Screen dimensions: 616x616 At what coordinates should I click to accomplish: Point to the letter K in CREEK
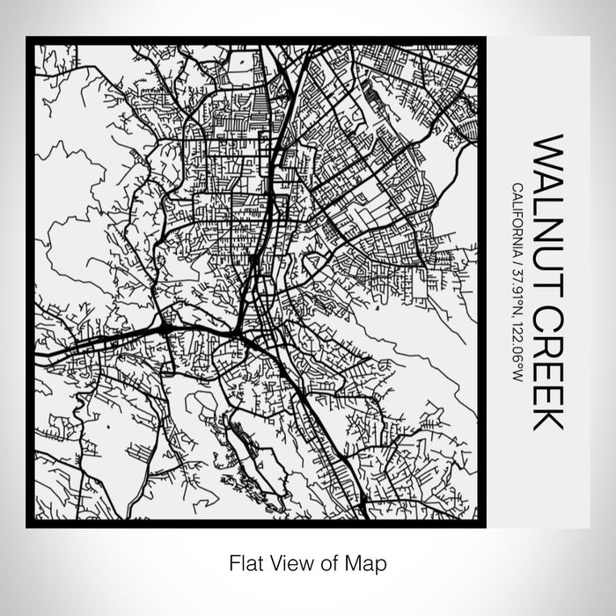pyautogui.click(x=546, y=418)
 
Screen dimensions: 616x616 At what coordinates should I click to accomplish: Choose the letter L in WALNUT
pyautogui.click(x=546, y=199)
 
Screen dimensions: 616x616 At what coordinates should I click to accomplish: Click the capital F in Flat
pyautogui.click(x=233, y=561)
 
